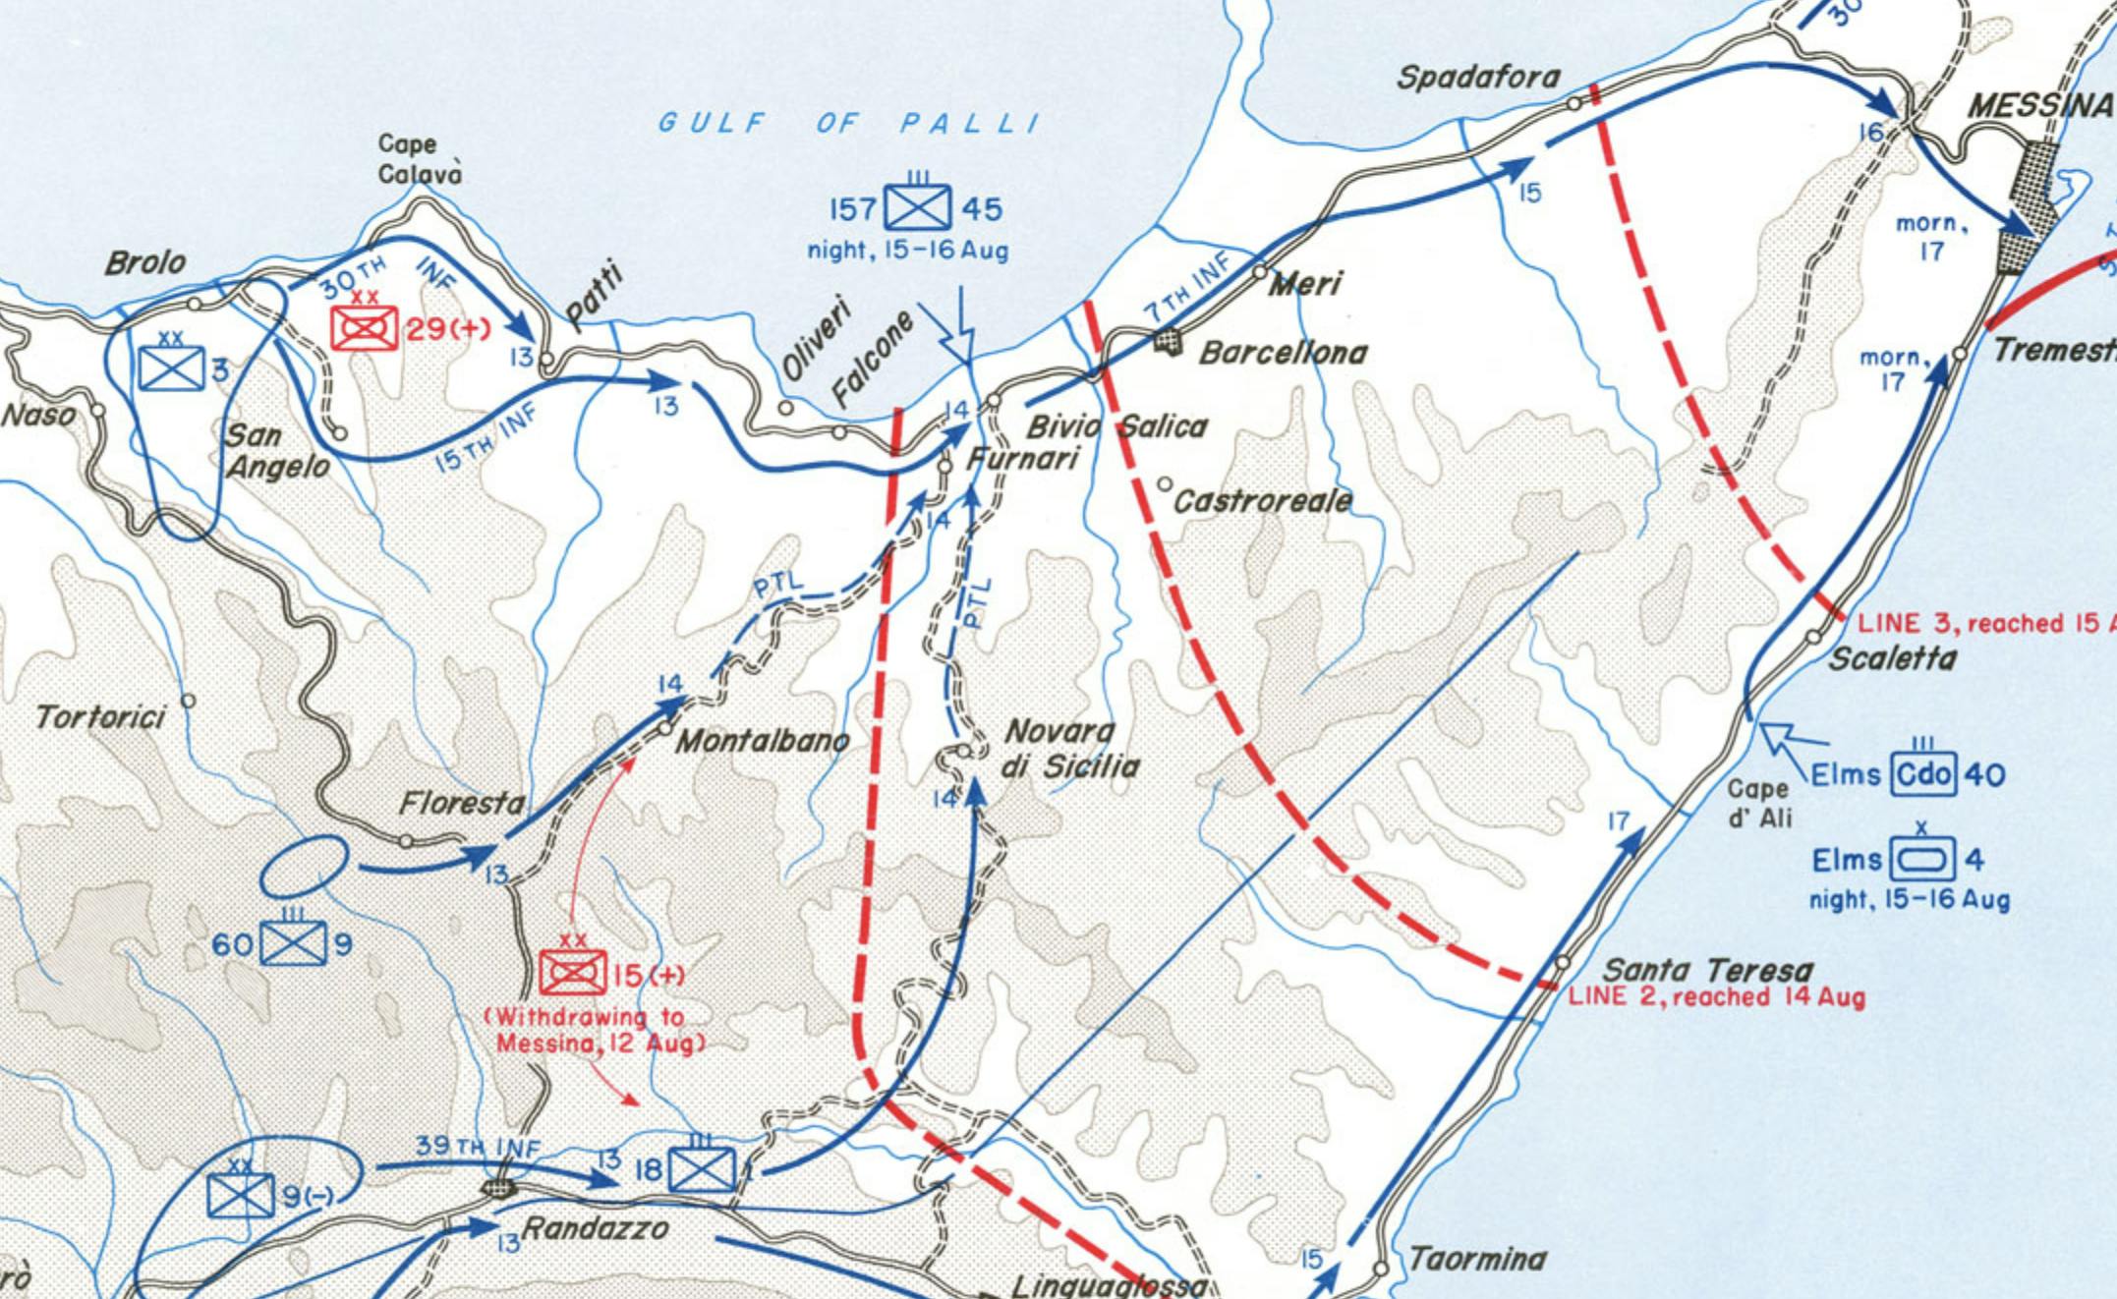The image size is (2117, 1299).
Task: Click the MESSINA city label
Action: click(x=2040, y=105)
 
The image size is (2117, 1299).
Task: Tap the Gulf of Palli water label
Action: click(x=848, y=123)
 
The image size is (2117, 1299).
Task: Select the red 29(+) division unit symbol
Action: click(x=364, y=328)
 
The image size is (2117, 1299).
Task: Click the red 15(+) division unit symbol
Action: click(x=573, y=973)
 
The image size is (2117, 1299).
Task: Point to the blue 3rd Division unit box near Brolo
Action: click(x=171, y=368)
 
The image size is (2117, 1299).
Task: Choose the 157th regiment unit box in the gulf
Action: click(x=917, y=207)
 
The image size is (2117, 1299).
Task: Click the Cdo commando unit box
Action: click(x=1923, y=774)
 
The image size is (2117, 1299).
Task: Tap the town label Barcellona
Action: click(x=1283, y=353)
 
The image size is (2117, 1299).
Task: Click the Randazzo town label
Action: click(x=596, y=1228)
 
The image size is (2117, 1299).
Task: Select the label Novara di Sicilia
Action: click(x=1069, y=748)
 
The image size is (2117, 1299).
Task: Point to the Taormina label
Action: click(x=1477, y=1259)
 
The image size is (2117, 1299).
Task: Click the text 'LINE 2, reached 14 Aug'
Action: click(x=1716, y=997)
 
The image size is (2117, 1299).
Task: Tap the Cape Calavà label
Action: click(x=420, y=158)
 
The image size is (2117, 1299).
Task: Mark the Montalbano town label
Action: click(x=762, y=740)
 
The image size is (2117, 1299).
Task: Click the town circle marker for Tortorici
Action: click(x=188, y=701)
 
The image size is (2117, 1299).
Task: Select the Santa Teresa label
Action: click(x=1708, y=970)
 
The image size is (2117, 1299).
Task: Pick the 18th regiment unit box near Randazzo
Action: click(x=702, y=1169)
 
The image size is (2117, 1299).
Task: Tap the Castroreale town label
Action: click(x=1263, y=501)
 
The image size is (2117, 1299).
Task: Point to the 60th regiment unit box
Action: click(x=293, y=944)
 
